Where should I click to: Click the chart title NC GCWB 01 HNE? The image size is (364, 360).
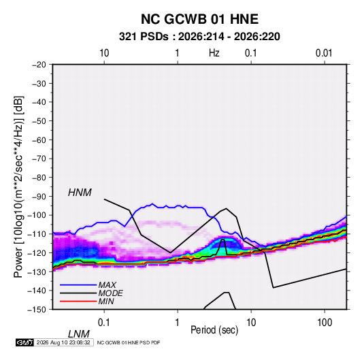click(x=199, y=19)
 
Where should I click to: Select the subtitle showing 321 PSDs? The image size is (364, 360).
click(x=199, y=37)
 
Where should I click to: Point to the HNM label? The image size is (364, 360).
click(x=80, y=193)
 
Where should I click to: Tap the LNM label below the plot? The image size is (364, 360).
click(x=78, y=334)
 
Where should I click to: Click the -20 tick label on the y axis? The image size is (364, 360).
click(x=39, y=65)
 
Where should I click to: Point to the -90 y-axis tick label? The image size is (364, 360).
click(x=39, y=196)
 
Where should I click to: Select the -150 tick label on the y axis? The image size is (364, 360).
click(x=37, y=310)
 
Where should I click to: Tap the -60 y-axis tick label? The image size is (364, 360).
click(x=39, y=140)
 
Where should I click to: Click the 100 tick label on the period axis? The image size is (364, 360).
click(x=325, y=322)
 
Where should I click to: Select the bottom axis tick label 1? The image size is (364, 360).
click(x=178, y=322)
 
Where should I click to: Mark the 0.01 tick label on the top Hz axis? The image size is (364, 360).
click(x=324, y=53)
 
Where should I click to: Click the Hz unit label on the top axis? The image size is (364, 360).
click(x=214, y=53)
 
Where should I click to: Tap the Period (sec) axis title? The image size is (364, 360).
click(x=214, y=330)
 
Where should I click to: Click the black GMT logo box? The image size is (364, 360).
click(x=25, y=342)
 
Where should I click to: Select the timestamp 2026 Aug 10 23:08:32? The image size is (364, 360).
click(x=63, y=342)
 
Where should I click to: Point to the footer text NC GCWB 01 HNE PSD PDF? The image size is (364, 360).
click(x=129, y=342)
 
